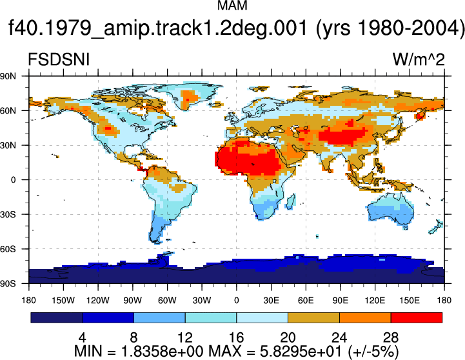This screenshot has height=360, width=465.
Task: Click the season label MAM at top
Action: pos(232,5)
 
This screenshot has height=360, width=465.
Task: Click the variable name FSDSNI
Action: pos(59,59)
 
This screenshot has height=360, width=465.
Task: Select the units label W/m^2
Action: pos(419,59)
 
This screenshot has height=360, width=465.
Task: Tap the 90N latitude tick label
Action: pos(8,76)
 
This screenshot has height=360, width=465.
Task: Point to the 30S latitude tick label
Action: pos(8,214)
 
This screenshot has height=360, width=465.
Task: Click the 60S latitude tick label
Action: pos(8,249)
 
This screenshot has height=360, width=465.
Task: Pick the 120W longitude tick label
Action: pos(98,301)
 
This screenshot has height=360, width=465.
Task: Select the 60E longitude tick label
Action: pos(306,301)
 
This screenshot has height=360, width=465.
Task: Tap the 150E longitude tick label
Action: pos(410,301)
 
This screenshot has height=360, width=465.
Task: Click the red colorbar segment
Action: pos(417,317)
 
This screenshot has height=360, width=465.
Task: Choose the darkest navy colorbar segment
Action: pos(56,317)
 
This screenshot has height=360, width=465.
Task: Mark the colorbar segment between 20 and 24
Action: pos(313,317)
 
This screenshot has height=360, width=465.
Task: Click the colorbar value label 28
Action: pos(391,337)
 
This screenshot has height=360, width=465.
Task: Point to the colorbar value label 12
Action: pos(185,337)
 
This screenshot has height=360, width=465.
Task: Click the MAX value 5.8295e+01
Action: pos(302,352)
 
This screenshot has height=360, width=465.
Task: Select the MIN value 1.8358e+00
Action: pos(163,352)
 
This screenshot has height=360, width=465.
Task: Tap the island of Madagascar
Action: pos(291,202)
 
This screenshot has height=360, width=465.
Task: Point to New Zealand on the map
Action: pos(436,227)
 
